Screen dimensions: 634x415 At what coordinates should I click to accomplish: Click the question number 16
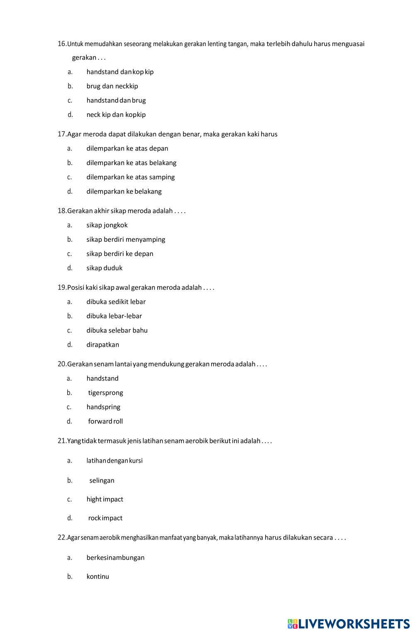62,44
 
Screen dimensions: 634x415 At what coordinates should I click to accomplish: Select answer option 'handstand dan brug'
116,100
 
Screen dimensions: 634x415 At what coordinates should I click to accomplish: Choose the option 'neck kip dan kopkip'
116,115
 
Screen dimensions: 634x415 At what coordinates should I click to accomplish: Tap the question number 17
62,134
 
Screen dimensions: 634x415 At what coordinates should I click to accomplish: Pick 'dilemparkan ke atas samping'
130,177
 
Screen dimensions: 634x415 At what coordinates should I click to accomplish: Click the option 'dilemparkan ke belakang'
124,192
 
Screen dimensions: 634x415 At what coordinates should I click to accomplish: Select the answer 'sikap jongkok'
107,225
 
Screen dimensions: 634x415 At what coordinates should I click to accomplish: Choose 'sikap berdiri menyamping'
125,240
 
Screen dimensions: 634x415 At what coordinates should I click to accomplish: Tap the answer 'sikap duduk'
104,268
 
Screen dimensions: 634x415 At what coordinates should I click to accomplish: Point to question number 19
62,288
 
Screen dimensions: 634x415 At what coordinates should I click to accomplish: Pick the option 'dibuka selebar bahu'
117,330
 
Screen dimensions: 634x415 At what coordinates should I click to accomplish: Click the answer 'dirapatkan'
103,345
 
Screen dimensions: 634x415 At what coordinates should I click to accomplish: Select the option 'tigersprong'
105,393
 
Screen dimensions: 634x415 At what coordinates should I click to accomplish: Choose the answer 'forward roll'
105,422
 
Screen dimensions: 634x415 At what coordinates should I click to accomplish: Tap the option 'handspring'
103,407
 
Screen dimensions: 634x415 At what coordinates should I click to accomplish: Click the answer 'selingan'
102,481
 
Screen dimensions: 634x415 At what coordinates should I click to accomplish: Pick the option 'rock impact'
105,518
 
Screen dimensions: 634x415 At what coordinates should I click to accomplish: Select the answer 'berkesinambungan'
115,558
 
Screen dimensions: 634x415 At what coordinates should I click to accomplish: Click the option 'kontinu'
98,577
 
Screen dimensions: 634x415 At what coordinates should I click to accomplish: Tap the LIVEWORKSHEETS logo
349,624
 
